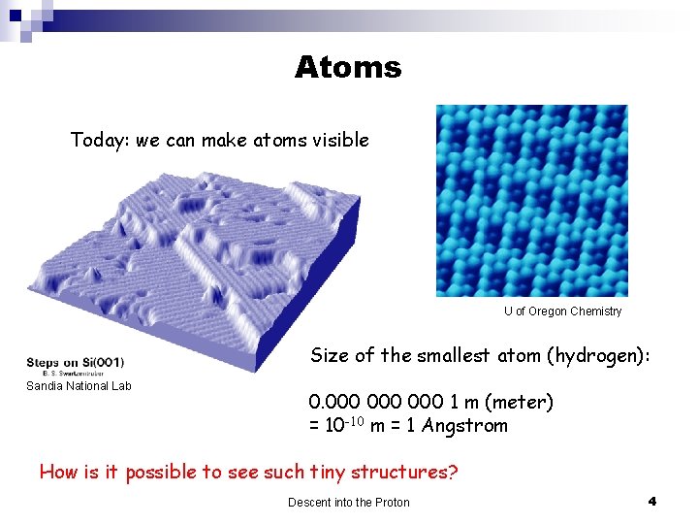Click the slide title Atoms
click(347, 67)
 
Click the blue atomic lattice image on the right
click(531, 200)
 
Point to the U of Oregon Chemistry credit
click(562, 311)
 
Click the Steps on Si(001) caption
click(76, 362)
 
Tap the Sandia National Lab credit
click(79, 386)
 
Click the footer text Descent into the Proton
click(348, 502)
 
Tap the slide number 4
click(651, 501)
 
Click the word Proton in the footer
click(390, 502)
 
